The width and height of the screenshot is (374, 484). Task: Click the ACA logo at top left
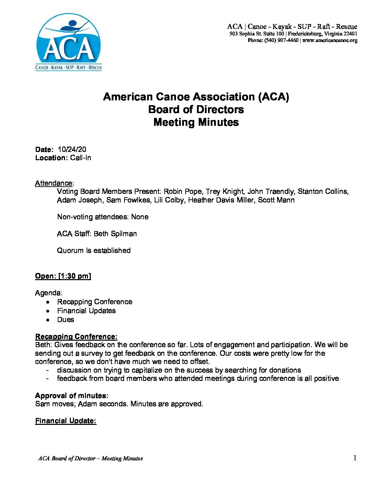click(x=69, y=42)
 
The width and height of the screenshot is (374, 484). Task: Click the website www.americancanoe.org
click(x=330, y=40)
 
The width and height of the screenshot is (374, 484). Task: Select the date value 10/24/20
click(x=72, y=150)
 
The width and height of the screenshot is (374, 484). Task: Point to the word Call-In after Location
click(x=80, y=158)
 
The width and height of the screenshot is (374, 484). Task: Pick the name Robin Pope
click(x=183, y=191)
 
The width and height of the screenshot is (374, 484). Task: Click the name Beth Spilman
click(x=115, y=234)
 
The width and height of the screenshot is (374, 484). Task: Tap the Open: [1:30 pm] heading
click(x=63, y=276)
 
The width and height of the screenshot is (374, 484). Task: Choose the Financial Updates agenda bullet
click(x=86, y=311)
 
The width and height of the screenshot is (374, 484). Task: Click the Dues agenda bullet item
click(x=66, y=320)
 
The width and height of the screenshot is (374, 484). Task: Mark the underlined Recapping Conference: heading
click(x=76, y=337)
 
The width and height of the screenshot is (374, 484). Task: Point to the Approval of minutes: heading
click(x=71, y=396)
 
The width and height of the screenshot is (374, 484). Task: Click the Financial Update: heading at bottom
click(x=66, y=421)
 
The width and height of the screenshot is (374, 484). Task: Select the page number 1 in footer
click(x=355, y=458)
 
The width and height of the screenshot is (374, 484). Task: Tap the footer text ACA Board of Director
click(x=67, y=458)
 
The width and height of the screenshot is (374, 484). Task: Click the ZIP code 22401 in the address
click(x=350, y=34)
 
